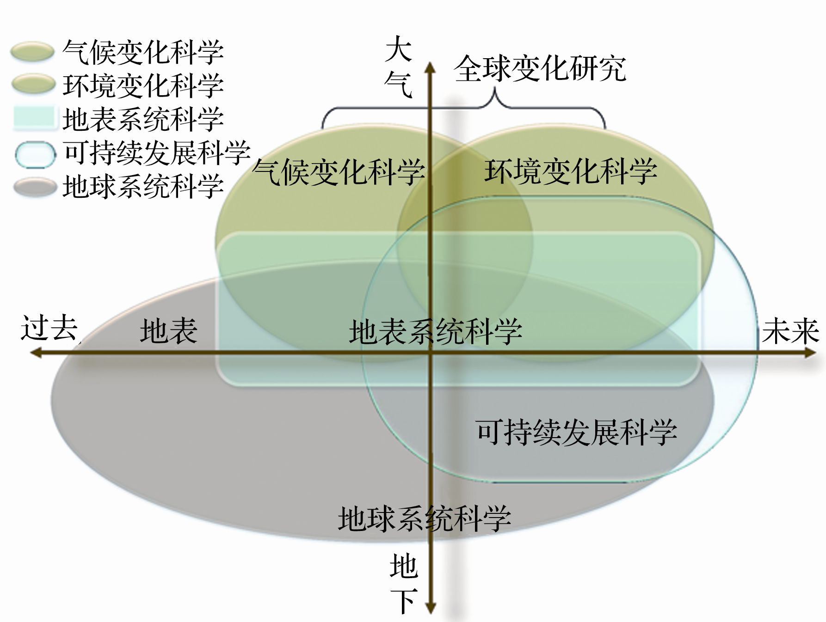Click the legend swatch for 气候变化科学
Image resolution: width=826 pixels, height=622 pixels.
[x=32, y=52]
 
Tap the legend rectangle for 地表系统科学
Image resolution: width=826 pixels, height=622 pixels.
[x=34, y=117]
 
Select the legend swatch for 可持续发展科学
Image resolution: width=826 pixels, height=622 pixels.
[x=35, y=154]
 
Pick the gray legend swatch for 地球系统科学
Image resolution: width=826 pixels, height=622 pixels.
[x=35, y=188]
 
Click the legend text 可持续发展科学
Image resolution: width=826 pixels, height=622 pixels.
[x=157, y=153]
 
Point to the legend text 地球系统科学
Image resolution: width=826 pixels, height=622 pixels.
[x=143, y=187]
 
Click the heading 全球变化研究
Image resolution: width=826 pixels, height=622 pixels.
[x=540, y=68]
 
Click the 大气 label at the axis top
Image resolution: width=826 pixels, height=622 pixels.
[x=398, y=67]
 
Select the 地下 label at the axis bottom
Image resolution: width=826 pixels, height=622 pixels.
[x=404, y=584]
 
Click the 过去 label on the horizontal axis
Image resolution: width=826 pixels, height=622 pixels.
[x=49, y=328]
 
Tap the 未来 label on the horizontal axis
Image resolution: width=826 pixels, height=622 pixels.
[x=790, y=331]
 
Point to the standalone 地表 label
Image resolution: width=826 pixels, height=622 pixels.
[x=169, y=331]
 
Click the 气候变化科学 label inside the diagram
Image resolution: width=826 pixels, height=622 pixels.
[x=339, y=172]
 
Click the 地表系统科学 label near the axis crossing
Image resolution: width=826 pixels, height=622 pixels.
[x=435, y=332]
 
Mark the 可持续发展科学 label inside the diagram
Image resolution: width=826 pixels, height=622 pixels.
[x=576, y=433]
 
